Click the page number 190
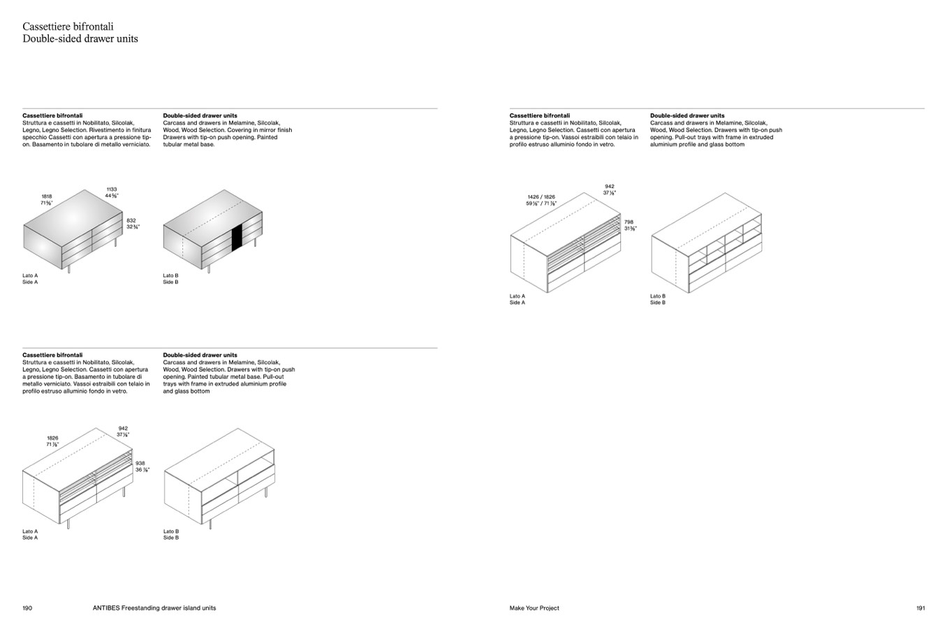click(x=27, y=608)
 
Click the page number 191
click(x=920, y=608)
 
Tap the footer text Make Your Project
click(x=534, y=608)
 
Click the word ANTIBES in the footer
click(x=105, y=608)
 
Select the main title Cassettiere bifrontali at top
click(x=68, y=27)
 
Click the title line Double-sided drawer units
click(x=80, y=39)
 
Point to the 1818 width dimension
click(x=47, y=196)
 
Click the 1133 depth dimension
click(x=112, y=189)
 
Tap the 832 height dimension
click(x=131, y=220)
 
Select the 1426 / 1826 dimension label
click(x=541, y=197)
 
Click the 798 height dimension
click(x=629, y=222)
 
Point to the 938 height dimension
click(x=140, y=463)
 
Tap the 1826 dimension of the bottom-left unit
click(x=53, y=438)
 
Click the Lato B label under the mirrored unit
click(x=170, y=275)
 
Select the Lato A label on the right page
click(x=517, y=296)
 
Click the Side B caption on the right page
click(x=658, y=303)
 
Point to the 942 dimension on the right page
click(x=610, y=187)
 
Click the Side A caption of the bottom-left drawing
click(x=30, y=538)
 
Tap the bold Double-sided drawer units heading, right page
click(x=687, y=115)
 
